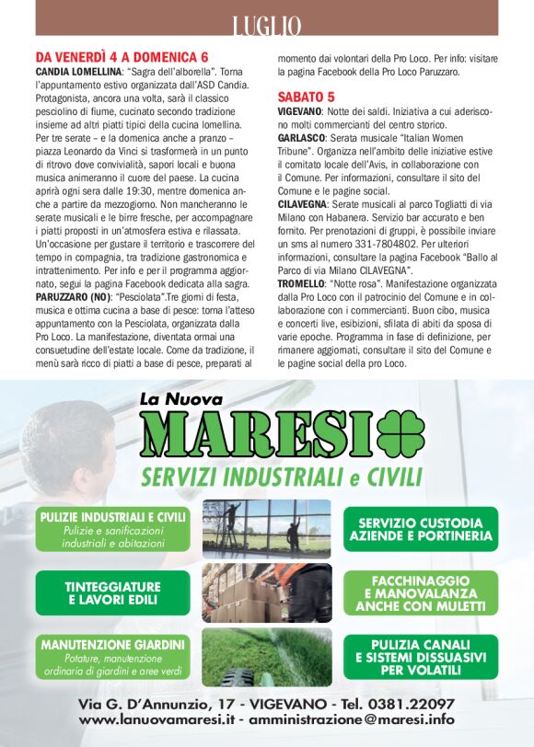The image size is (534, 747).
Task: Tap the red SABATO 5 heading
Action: pos(306,96)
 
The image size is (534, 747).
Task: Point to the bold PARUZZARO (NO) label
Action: pos(75,298)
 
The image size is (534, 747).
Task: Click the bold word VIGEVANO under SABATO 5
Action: pos(299,110)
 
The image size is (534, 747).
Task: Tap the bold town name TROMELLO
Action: pos(301,286)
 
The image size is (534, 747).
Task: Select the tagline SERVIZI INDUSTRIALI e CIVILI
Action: pos(281,477)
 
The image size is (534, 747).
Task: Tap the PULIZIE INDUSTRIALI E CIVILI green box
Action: pos(113,530)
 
